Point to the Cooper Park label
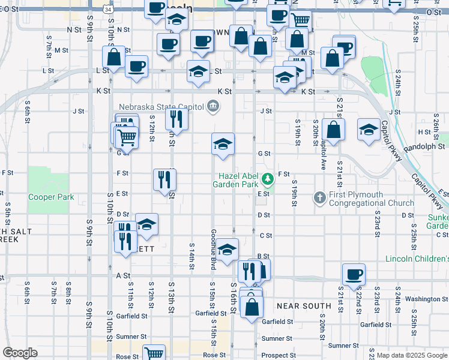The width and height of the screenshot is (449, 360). (x=51, y=197)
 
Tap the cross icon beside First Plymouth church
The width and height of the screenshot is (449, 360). (x=320, y=197)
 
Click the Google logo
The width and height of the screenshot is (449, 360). (x=19, y=353)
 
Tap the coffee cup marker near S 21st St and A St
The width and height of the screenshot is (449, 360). (x=354, y=274)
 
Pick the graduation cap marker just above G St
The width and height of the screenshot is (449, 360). (x=223, y=144)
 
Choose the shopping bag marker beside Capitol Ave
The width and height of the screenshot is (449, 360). (x=333, y=129)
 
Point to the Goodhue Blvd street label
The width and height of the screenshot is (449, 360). (x=213, y=245)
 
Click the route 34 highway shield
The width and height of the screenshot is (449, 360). (x=107, y=10)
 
